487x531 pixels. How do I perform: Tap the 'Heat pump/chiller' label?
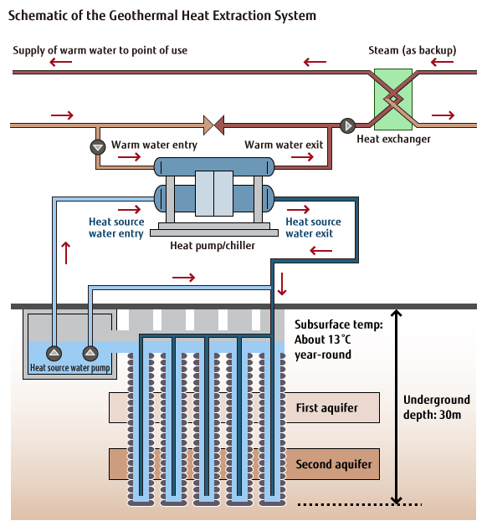[x=212, y=246]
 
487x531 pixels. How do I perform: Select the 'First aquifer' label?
[x=326, y=408]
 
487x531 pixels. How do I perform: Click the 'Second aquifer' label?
[x=333, y=463]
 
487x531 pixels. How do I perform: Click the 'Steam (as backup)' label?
[x=412, y=51]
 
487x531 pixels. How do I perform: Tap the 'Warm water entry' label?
[x=154, y=146]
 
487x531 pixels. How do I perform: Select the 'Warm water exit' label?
[x=284, y=146]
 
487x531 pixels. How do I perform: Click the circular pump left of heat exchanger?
[x=347, y=126]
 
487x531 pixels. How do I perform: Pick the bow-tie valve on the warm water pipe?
[x=214, y=126]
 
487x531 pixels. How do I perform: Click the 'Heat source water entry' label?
[x=116, y=227]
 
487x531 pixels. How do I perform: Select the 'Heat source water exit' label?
[x=313, y=227]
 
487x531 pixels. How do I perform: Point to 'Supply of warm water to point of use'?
[x=100, y=51]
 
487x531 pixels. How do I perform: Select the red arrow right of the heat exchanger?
[x=443, y=115]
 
